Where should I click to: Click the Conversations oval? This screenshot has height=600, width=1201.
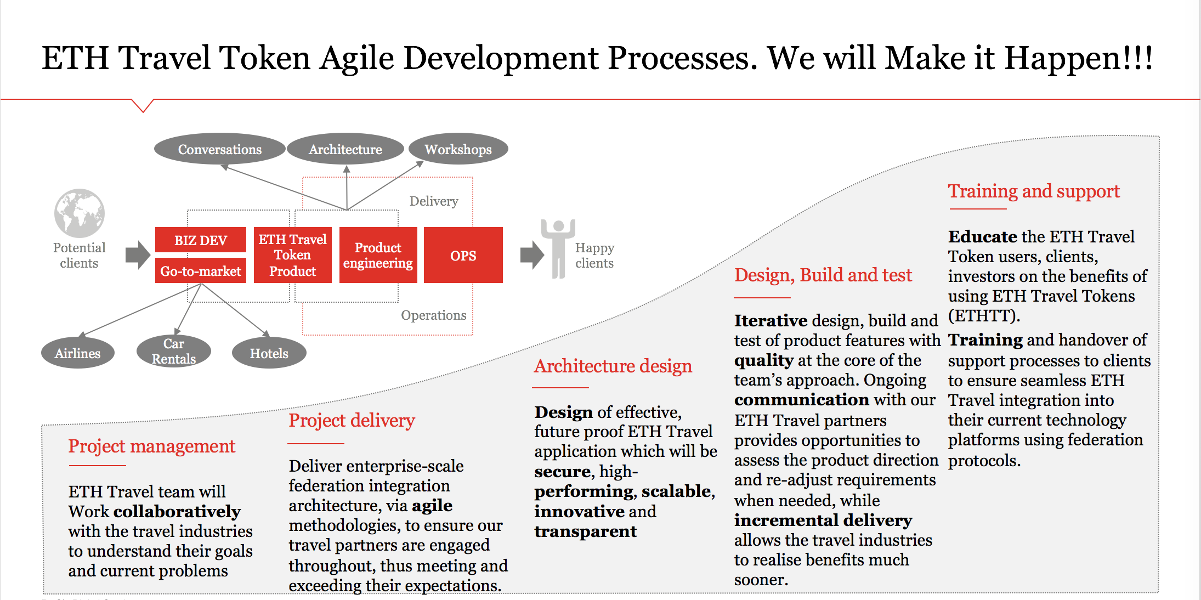(219, 149)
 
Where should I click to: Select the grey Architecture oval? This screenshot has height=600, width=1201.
(345, 149)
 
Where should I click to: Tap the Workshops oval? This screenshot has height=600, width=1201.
(458, 149)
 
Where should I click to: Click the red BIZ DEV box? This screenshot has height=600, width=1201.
(201, 240)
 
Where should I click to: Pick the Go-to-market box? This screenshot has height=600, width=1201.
(201, 271)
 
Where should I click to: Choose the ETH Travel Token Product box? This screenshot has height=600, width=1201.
(293, 255)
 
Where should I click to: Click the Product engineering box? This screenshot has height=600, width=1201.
(378, 255)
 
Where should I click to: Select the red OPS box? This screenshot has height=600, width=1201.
(463, 255)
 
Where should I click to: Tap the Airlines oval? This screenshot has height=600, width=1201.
(78, 353)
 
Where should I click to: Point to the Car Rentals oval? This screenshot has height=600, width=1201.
(174, 351)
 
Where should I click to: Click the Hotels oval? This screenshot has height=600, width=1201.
(269, 353)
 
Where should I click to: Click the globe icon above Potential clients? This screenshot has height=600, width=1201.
(80, 213)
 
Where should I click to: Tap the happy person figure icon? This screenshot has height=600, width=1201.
(558, 248)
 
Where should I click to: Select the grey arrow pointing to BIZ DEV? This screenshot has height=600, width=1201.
(138, 255)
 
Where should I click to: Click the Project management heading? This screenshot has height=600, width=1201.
(152, 446)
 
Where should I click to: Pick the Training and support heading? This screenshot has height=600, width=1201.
(1034, 191)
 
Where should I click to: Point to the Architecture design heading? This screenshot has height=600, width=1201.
(613, 366)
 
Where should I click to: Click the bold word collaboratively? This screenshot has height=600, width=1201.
(177, 512)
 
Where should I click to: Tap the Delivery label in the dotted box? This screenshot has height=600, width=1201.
(434, 201)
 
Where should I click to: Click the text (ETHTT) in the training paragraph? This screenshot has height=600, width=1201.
(984, 316)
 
